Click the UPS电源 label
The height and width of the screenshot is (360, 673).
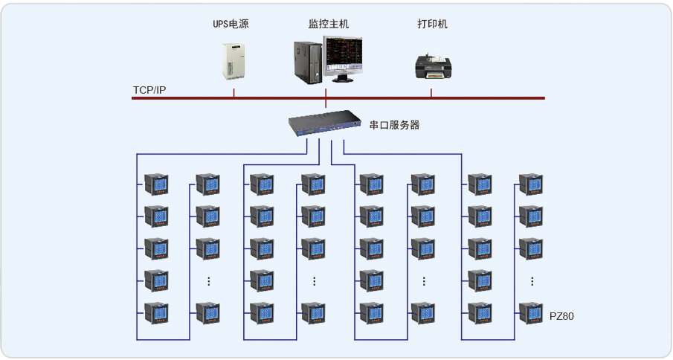click(x=231, y=25)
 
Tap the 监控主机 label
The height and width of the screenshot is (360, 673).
click(x=329, y=25)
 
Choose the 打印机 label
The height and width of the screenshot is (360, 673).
click(x=433, y=25)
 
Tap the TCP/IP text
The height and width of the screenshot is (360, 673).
click(x=149, y=90)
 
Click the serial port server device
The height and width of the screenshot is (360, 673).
click(x=325, y=123)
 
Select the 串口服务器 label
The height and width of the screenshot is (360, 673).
click(x=395, y=125)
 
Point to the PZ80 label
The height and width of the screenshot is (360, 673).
click(x=561, y=316)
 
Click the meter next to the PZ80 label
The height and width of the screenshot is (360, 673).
click(x=531, y=313)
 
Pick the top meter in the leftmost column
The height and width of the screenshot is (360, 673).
click(x=156, y=184)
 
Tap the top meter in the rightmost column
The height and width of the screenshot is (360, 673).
click(x=531, y=184)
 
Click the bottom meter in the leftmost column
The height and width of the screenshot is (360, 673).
click(x=156, y=313)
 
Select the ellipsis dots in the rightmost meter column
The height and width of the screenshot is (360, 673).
click(x=532, y=281)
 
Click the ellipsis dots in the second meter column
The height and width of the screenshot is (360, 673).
click(x=209, y=281)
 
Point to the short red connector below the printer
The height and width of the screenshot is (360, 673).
click(x=431, y=93)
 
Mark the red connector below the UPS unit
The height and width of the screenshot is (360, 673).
click(x=234, y=93)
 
